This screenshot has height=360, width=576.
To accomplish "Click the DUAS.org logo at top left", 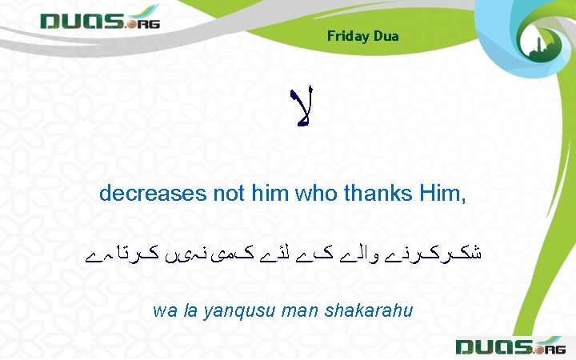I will [x=100, y=20].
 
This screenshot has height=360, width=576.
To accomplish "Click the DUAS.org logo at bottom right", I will [x=510, y=346].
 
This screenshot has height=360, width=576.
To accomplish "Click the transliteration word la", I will [x=189, y=310].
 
